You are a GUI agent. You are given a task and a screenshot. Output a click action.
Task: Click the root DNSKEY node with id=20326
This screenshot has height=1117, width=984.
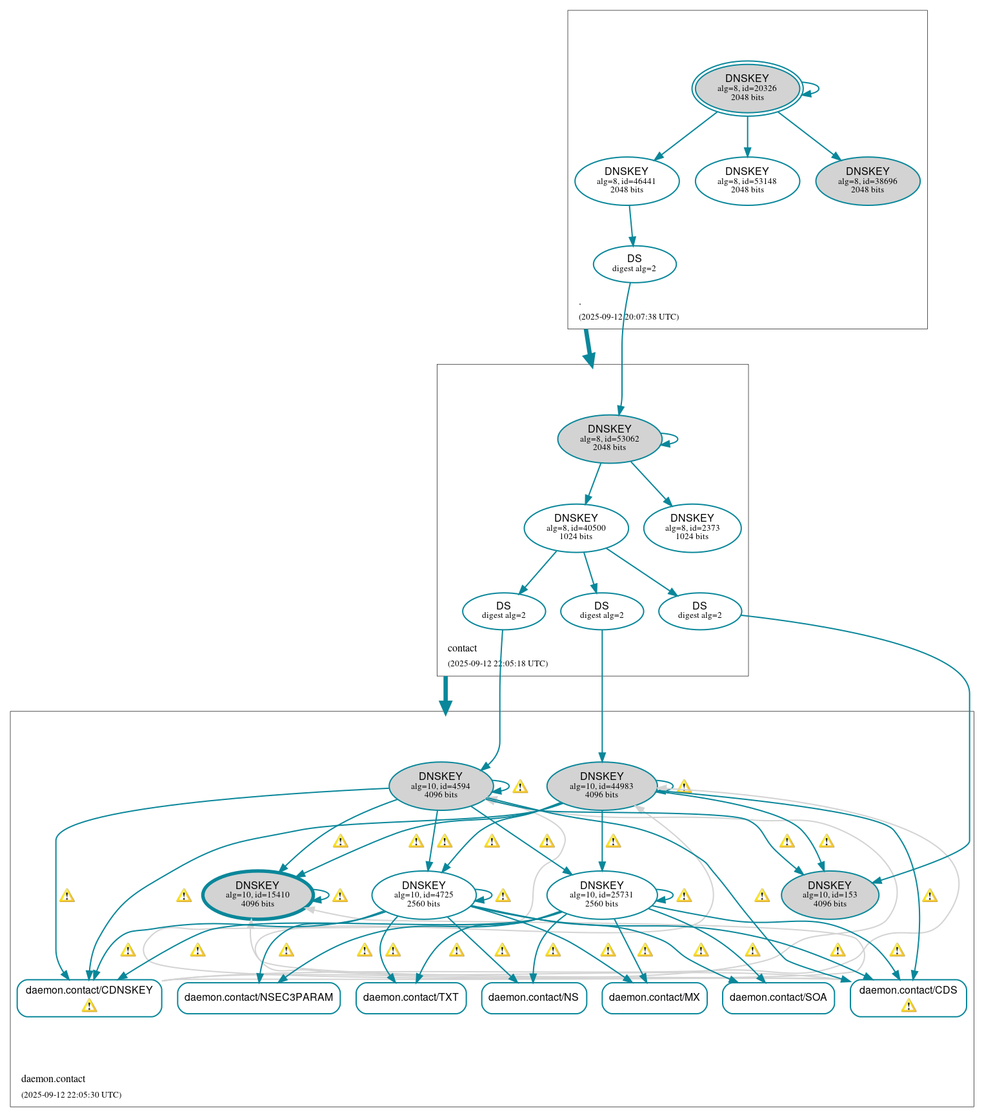coord(747,88)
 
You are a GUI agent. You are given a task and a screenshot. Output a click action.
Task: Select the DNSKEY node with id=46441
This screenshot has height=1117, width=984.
coord(627,181)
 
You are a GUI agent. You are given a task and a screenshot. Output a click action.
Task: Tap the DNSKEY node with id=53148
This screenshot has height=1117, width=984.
coord(747,181)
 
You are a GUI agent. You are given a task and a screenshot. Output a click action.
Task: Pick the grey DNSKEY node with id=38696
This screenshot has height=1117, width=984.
coord(867,181)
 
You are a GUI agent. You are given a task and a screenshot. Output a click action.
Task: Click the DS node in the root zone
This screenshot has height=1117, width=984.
coord(634,263)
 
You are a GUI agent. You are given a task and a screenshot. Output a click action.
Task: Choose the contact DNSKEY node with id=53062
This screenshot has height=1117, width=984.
coord(609,438)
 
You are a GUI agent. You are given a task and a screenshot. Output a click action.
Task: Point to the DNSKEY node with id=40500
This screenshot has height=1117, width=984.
coord(576,528)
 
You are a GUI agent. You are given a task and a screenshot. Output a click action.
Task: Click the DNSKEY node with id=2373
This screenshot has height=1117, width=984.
coord(692,528)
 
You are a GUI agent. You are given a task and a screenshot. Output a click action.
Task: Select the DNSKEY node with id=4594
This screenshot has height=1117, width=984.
coord(441,786)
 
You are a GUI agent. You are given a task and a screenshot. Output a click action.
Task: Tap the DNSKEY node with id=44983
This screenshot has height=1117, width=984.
coord(601,786)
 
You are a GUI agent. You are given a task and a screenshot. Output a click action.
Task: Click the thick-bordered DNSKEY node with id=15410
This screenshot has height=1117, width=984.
coord(257,895)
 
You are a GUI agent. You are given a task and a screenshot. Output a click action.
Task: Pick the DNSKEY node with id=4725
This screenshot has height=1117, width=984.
coord(423,895)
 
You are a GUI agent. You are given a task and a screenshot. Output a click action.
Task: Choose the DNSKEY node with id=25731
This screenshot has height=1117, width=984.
coord(601,895)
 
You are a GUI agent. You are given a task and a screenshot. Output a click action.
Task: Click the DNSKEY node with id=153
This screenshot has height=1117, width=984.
coord(829,895)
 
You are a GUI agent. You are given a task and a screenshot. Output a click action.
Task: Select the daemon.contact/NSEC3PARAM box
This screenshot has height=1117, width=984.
coord(258,998)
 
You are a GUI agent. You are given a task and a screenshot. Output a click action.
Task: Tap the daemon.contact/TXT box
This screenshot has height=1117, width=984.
coord(410,998)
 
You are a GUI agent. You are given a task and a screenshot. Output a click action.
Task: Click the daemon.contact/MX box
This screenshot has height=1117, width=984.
coord(654,998)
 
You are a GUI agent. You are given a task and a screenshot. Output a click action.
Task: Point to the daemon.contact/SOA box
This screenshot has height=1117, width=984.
coord(778,998)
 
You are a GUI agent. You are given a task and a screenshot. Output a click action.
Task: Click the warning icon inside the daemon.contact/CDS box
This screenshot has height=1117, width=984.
coord(908,1006)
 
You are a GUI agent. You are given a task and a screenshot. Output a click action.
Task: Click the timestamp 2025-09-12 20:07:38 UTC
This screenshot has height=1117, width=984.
coord(628,317)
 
